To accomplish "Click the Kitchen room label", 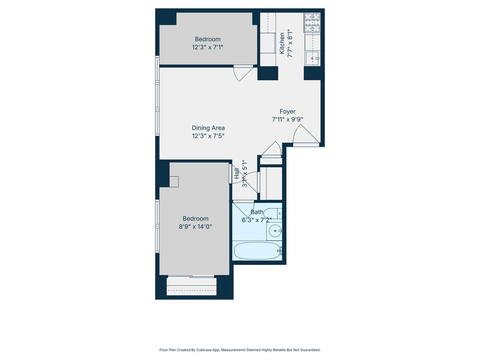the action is (282, 43).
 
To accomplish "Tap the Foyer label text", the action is (287, 112).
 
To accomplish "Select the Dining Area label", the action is (208, 128).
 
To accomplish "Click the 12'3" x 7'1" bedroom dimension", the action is (207, 47).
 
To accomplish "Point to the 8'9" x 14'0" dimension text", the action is (195, 226).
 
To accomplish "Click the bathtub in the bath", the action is (257, 251).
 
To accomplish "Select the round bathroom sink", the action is (275, 231).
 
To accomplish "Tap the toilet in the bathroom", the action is (273, 213).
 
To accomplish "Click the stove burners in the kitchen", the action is (312, 23).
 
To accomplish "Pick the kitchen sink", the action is (313, 58).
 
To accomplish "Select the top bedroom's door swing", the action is (243, 74).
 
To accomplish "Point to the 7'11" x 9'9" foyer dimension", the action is (287, 120).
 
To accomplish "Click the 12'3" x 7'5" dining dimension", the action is (208, 136).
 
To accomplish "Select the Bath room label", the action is (257, 212).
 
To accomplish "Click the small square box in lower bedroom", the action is (174, 182).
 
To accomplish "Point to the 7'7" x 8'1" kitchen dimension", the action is (290, 43).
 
